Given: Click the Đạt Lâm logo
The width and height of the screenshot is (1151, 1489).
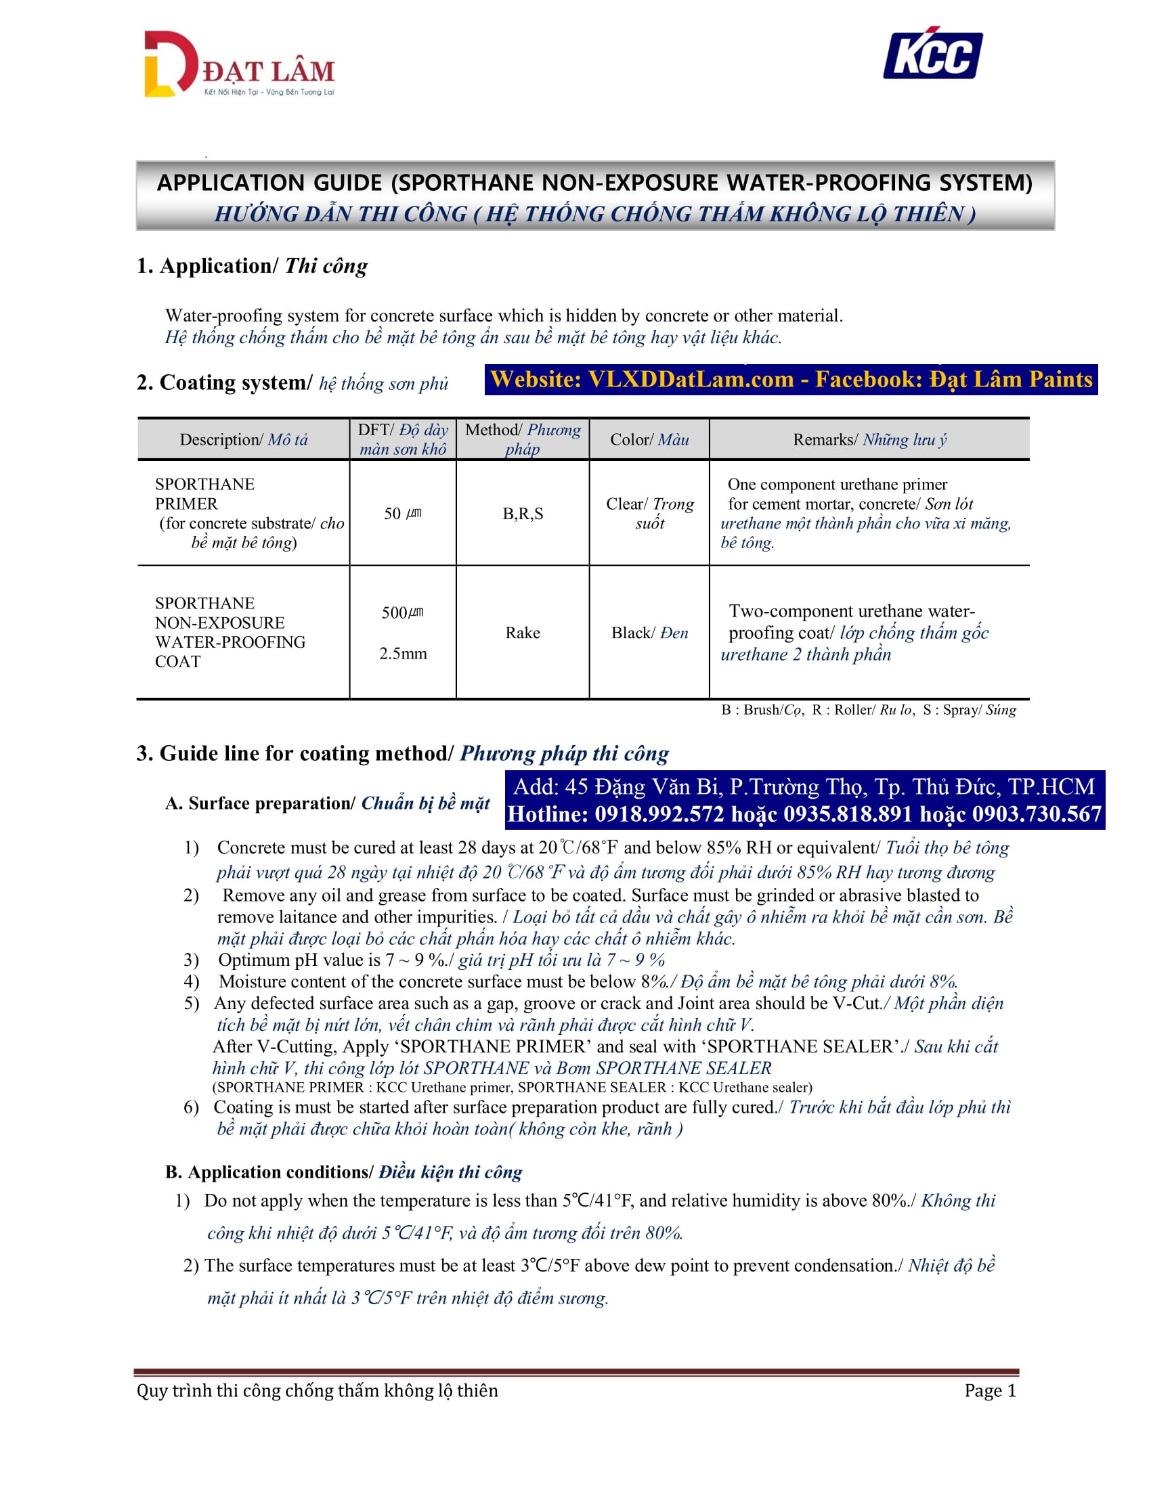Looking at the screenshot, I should click(238, 65).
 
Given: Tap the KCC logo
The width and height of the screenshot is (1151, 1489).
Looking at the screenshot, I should click(932, 54).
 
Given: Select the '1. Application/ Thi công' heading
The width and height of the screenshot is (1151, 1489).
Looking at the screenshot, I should click(252, 266).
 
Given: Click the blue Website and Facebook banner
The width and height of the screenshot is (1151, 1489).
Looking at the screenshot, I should click(790, 380).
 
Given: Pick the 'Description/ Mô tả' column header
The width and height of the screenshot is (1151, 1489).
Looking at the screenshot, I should click(244, 440).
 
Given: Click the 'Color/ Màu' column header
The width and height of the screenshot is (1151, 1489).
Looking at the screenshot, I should click(649, 440).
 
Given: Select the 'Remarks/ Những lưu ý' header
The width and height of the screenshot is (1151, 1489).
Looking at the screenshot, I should click(869, 440).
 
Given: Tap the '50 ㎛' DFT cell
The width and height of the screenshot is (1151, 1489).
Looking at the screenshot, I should click(402, 514).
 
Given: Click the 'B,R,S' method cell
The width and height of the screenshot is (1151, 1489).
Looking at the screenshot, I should click(523, 514).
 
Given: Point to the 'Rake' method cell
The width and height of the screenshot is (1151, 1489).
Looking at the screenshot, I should click(523, 633).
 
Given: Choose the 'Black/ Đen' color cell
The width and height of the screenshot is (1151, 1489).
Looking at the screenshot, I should click(649, 633).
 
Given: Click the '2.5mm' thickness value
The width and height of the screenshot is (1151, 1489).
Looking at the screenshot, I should click(403, 654).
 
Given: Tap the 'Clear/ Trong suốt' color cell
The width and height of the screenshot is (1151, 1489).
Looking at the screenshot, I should click(649, 514).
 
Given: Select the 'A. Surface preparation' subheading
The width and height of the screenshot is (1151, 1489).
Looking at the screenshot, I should click(327, 803).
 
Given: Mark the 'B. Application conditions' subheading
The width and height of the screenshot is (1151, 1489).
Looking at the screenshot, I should click(344, 1172).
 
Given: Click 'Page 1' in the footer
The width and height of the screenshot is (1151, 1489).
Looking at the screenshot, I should click(989, 1390).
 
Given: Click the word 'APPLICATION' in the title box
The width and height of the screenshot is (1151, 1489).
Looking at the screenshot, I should click(269, 183).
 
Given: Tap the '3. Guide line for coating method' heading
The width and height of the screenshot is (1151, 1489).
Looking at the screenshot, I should click(402, 753).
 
